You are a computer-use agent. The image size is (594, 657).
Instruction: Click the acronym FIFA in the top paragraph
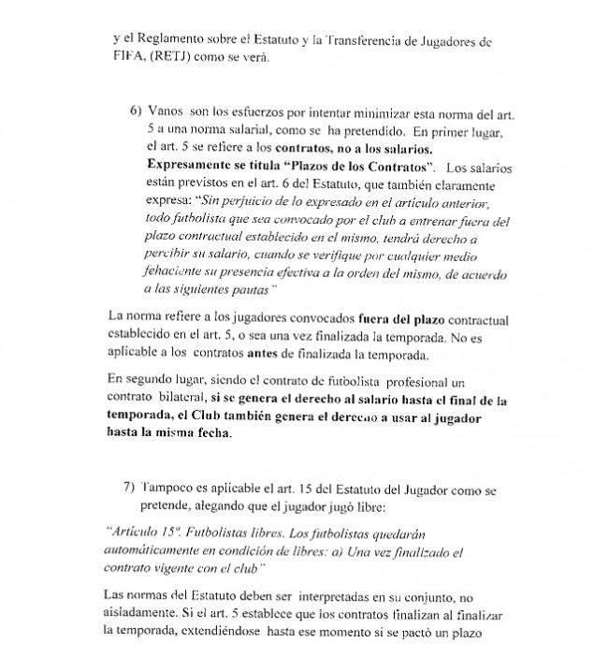[x=128, y=58]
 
